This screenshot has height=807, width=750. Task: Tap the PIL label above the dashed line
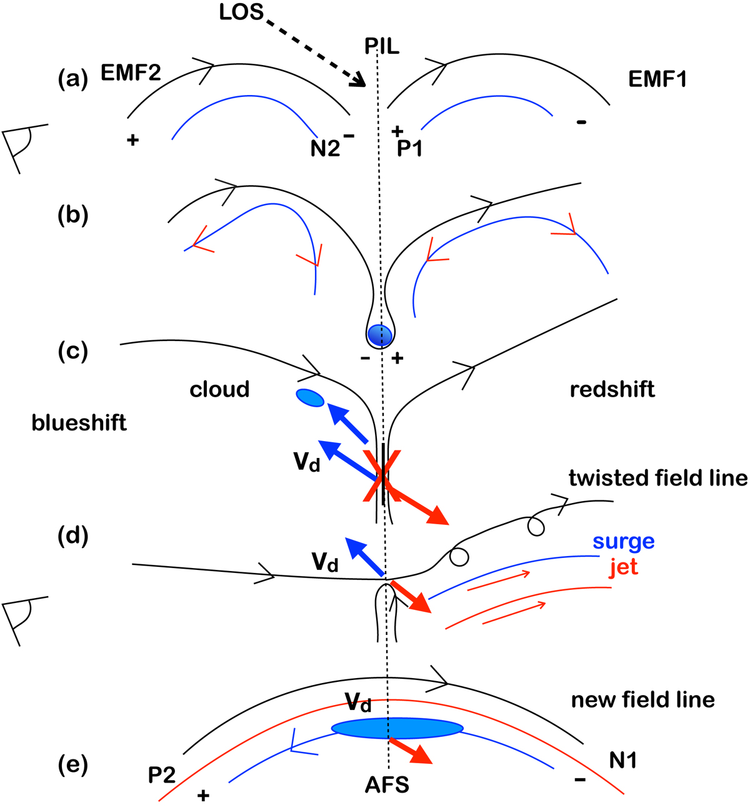pos(382,46)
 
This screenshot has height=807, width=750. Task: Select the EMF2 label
pos(131,74)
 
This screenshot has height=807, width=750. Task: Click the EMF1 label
pos(657,79)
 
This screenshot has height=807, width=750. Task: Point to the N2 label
pos(325,148)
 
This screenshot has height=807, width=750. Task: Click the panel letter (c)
pos(72,351)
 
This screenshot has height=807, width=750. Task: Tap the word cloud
pos(219,389)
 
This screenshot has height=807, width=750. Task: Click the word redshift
pos(612,389)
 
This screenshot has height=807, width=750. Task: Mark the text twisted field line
pos(657,478)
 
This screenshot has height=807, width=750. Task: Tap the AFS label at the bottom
pos(387,784)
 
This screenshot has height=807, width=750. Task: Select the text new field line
pos(642,699)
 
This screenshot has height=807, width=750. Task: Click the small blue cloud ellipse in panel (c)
pos(309,397)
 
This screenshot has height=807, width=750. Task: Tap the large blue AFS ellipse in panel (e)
pos(397,728)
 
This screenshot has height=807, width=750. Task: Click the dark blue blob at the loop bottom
pos(379,335)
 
